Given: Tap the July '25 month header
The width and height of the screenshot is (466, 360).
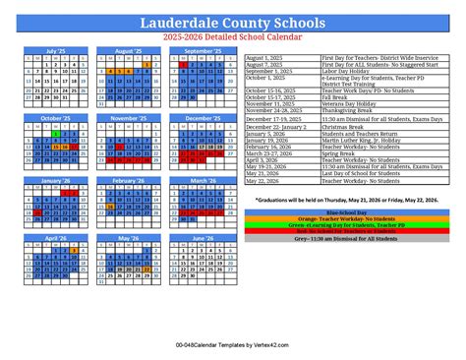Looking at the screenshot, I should tap(55, 50).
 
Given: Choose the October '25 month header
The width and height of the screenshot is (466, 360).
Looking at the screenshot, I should tap(55, 117).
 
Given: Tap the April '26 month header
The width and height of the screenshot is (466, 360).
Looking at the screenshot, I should tap(55, 237).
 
